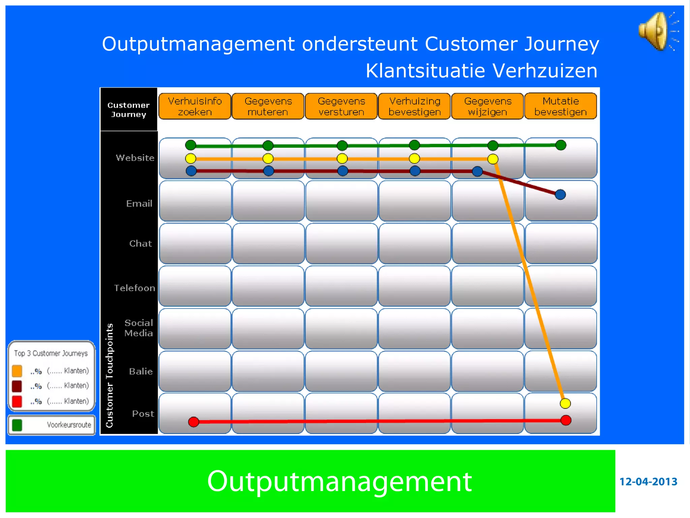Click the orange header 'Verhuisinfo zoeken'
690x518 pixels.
(195, 106)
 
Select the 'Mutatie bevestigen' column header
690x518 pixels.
(561, 106)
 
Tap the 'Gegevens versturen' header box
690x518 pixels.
(341, 106)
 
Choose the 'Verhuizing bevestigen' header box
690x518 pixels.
(414, 106)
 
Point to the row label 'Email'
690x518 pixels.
(139, 204)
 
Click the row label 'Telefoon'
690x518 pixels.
(134, 288)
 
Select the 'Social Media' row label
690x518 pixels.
(138, 328)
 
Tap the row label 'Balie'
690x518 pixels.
(141, 372)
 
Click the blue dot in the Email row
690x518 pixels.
(560, 195)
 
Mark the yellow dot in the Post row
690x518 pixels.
(565, 403)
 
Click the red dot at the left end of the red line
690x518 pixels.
(194, 422)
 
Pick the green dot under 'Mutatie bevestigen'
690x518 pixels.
(561, 145)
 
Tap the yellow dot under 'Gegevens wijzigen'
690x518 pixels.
(493, 159)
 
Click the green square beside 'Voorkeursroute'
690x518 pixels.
(17, 425)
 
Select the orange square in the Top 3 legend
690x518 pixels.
(17, 371)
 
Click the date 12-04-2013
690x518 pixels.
(648, 482)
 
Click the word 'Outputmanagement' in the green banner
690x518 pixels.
(339, 482)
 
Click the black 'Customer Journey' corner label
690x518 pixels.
(128, 110)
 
